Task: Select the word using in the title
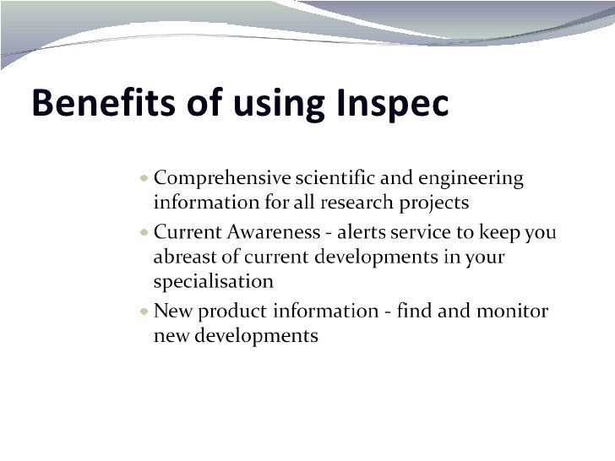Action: coord(276,105)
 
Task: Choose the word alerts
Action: coord(363,232)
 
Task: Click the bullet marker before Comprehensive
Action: coord(145,178)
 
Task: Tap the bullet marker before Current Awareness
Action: coord(145,231)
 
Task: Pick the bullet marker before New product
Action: coord(145,311)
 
